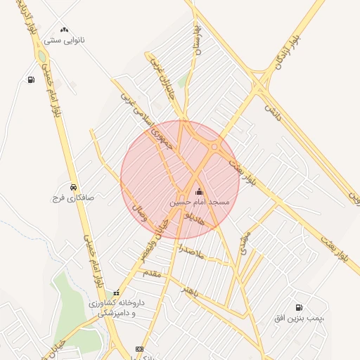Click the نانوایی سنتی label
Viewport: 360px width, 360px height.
pyautogui.click(x=65, y=40)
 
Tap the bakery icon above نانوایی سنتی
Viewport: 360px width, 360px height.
pyautogui.click(x=65, y=30)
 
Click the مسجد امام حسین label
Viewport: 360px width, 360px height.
pyautogui.click(x=200, y=202)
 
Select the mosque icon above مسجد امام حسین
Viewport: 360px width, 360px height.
pyautogui.click(x=199, y=191)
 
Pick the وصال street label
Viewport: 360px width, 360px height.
pyautogui.click(x=140, y=214)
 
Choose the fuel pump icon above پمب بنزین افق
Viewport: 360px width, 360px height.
pyautogui.click(x=300, y=307)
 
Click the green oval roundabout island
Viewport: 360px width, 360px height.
pyautogui.click(x=43, y=56)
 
